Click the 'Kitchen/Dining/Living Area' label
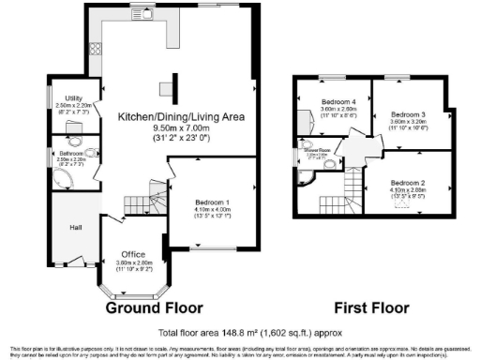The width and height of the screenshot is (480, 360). coord(180,116)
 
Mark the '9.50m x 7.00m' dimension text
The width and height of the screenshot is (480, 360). coord(180,129)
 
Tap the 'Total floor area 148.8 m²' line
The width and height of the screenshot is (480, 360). coord(248,332)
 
